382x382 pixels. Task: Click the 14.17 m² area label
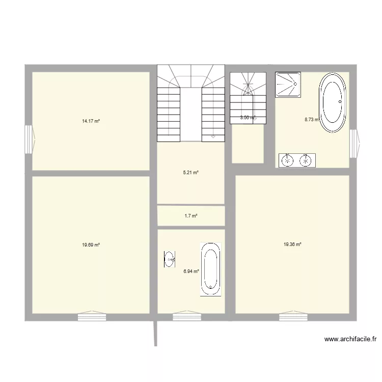(91, 121)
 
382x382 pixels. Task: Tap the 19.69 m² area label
(91, 244)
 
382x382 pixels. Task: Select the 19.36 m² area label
(292, 244)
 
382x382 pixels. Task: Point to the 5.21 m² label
(190, 173)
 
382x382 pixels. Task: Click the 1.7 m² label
(190, 216)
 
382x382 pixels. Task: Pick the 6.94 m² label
(191, 271)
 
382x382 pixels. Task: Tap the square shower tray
(288, 84)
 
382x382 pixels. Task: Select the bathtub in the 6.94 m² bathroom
(210, 268)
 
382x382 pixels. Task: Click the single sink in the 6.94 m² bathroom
(169, 259)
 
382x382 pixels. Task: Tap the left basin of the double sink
(288, 160)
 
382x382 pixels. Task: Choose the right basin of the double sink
(306, 160)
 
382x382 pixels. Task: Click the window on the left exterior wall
(29, 140)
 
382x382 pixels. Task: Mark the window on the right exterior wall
(354, 143)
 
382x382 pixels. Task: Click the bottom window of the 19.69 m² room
(92, 317)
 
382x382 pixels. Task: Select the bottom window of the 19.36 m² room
(293, 317)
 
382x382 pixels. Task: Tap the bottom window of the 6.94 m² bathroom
(187, 317)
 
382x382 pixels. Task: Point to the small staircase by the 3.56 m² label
(248, 97)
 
